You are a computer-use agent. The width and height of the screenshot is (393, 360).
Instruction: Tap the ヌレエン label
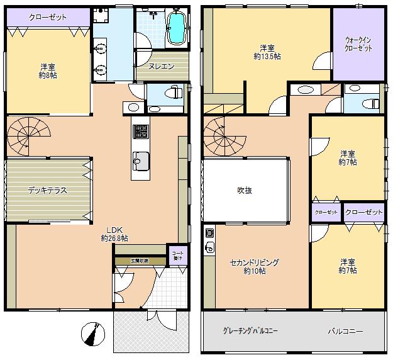(162, 66)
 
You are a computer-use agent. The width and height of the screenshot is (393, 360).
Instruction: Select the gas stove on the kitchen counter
(140, 132)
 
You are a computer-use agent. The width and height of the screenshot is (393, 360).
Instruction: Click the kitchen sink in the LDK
(139, 161)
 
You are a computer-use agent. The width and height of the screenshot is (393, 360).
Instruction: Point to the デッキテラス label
(47, 190)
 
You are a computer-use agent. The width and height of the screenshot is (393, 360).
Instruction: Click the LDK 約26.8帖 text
(114, 234)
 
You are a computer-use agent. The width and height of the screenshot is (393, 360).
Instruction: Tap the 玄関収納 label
(140, 259)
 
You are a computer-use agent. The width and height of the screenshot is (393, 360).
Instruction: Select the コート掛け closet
(177, 255)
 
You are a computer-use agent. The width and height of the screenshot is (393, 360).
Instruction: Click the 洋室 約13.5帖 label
(267, 52)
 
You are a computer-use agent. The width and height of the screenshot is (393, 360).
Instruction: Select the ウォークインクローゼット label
(357, 45)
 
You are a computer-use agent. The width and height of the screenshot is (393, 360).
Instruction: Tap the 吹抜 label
(245, 191)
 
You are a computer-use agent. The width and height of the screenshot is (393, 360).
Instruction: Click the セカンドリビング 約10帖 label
(254, 267)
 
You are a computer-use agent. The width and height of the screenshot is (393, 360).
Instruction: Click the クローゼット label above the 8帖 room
(47, 17)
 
